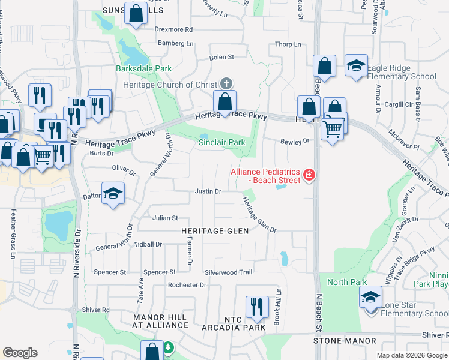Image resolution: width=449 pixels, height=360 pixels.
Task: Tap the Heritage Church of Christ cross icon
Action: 226,83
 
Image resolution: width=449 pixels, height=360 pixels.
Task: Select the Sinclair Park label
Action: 222,142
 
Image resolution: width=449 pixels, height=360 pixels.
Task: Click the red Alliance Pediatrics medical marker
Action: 309,175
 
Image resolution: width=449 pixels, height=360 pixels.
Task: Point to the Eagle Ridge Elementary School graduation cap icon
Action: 356,65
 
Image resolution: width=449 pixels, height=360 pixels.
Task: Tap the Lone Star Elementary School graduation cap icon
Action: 370,297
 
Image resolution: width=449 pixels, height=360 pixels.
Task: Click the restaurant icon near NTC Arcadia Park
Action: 256,307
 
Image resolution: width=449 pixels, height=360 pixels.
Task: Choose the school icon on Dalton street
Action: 113,194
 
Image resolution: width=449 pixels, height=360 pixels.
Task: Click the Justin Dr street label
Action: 208,191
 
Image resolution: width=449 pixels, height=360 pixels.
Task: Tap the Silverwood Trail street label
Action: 228,272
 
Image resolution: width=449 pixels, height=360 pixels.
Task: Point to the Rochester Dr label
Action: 187,285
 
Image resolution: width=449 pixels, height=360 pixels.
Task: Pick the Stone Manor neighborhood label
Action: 345,341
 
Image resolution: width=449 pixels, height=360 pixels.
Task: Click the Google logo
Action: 20,353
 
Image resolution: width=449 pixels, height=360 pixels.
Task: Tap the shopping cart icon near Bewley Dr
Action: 332,128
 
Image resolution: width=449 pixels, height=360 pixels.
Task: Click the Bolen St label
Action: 221,57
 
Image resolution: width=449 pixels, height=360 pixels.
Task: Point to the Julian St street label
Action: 165,218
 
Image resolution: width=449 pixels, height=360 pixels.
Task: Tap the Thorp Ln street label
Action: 288,44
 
